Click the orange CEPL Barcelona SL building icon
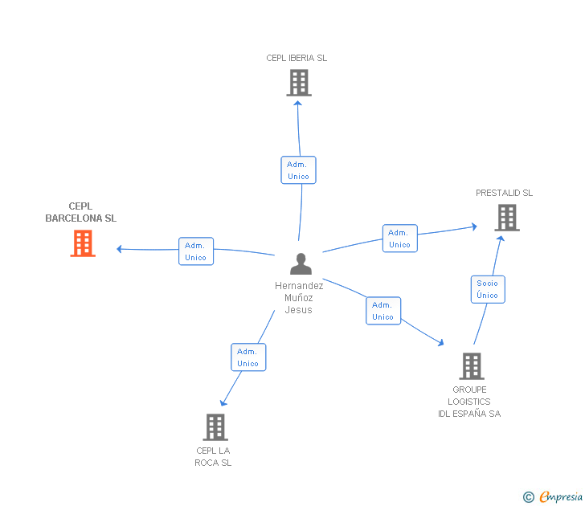83,243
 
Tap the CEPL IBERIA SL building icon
298,83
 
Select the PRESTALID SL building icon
506,217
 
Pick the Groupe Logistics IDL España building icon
471,366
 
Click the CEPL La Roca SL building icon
215,426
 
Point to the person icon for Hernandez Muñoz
301,264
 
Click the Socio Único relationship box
487,289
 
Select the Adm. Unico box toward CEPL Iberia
298,170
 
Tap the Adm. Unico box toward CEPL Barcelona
195,251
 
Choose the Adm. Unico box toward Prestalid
399,239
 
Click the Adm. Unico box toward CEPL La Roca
247,357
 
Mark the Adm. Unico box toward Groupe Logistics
382,311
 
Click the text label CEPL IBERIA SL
297,58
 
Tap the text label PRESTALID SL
504,193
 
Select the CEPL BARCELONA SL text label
80,212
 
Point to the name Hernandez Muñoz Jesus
298,297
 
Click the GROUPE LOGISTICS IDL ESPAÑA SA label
469,402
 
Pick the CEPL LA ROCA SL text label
213,456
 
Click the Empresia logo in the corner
561,496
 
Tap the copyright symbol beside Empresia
528,497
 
